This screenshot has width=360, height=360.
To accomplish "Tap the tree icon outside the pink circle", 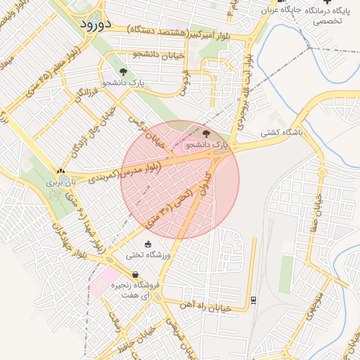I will coord(124,72).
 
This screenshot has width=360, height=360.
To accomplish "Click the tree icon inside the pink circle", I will coord(206,134).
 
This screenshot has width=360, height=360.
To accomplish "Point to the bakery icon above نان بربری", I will coord(60,171).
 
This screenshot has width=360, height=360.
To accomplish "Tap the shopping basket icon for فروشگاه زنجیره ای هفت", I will coord(134,275).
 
